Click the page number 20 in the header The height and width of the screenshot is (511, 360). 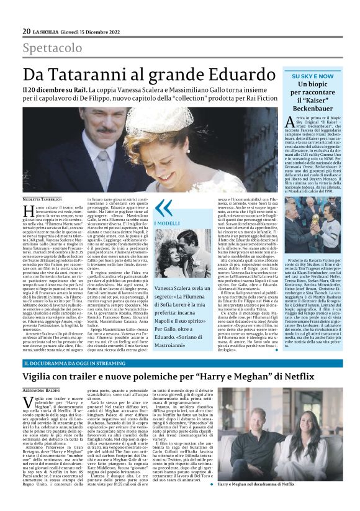[27, 31]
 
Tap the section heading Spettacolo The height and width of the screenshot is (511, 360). [52, 48]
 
